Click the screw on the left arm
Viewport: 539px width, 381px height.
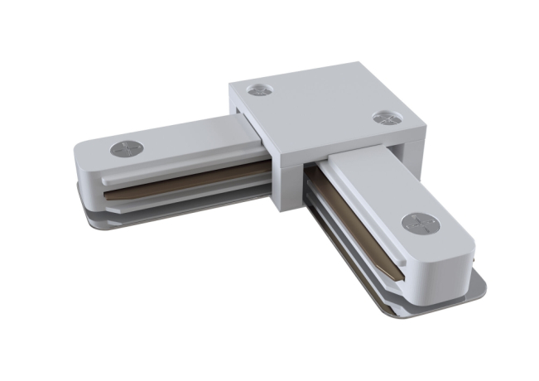127,149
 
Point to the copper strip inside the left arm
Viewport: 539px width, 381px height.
190,176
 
